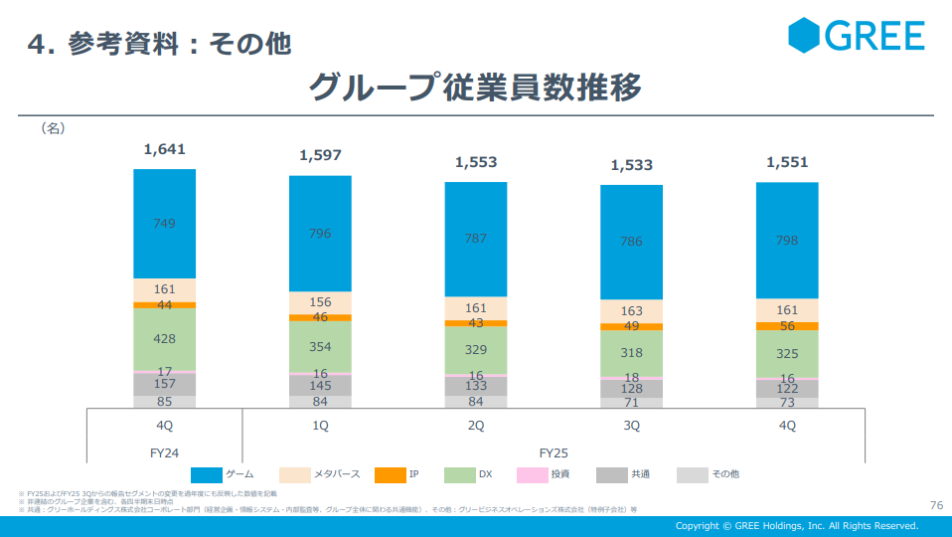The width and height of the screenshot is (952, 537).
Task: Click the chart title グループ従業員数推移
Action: (x=475, y=88)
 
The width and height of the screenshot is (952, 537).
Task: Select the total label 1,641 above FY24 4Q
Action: (x=164, y=150)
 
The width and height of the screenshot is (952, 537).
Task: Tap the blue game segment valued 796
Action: (x=320, y=234)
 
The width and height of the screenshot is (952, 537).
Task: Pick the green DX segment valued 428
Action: (x=165, y=339)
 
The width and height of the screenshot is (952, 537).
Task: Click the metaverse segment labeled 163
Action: (x=631, y=311)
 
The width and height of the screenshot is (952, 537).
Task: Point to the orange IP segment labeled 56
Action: (x=787, y=326)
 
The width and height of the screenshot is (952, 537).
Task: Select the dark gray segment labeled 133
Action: (x=476, y=386)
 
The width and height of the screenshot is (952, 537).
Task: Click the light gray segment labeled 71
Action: (x=631, y=403)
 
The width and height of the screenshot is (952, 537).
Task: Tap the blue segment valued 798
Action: (x=787, y=241)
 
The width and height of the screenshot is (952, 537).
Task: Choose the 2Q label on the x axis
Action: (x=476, y=426)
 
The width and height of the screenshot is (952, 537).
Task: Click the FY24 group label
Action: (x=164, y=452)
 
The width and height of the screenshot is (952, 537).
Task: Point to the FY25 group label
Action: (x=554, y=452)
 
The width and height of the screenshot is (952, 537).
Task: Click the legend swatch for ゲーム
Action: (x=207, y=474)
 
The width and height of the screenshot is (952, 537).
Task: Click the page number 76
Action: (x=935, y=504)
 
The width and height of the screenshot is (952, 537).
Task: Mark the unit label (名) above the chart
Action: (x=52, y=128)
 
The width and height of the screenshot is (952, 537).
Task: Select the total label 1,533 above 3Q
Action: (x=631, y=165)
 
